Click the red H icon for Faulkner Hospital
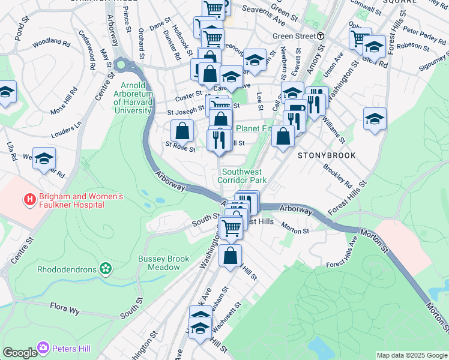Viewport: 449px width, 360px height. pos(28,199)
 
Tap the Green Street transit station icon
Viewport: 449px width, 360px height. pos(321,36)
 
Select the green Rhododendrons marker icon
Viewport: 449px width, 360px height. pos(106,268)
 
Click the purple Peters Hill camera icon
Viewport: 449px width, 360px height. pos(43,347)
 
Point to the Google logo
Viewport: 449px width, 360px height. pos(20,353)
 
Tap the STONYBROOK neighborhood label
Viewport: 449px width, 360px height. pos(327,155)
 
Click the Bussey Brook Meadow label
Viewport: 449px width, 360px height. pos(163,263)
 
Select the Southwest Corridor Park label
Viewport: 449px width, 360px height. pos(241,176)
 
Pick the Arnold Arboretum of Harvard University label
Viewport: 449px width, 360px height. pos(129,98)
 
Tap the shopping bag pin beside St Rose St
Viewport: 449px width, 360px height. pos(182,130)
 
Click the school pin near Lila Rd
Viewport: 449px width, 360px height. pos(44,158)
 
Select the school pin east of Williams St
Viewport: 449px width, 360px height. pos(375,118)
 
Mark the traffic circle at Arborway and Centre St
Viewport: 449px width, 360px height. pos(122,64)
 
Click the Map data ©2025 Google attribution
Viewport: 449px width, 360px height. pos(412,355)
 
